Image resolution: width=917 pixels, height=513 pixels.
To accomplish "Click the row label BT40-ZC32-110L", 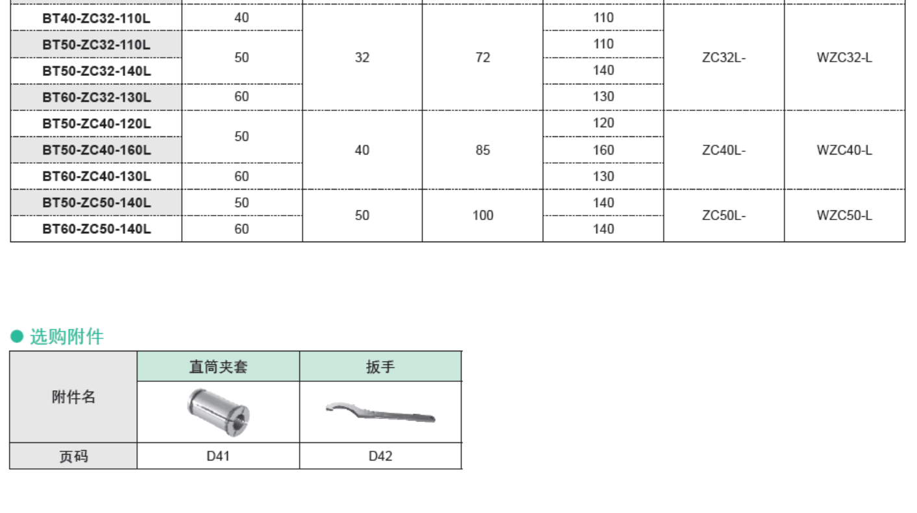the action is pos(96,18).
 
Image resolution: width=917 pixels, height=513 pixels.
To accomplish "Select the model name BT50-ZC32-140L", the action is pos(96,71).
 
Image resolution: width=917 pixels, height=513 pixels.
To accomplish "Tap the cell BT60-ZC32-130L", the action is pos(96,97).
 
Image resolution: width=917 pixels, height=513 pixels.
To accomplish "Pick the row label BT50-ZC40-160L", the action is pos(96,150).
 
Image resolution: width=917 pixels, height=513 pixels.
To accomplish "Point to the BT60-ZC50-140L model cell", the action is pos(96,229).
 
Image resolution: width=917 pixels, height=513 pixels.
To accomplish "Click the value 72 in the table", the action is pos(483,57).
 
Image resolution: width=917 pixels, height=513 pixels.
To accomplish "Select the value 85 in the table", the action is pos(483,150).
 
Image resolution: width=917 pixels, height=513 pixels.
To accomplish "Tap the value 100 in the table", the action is pos(483,216).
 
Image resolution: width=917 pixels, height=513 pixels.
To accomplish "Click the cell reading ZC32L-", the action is pos(724,57).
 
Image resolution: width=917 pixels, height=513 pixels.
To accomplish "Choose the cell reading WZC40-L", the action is pos(844,150).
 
